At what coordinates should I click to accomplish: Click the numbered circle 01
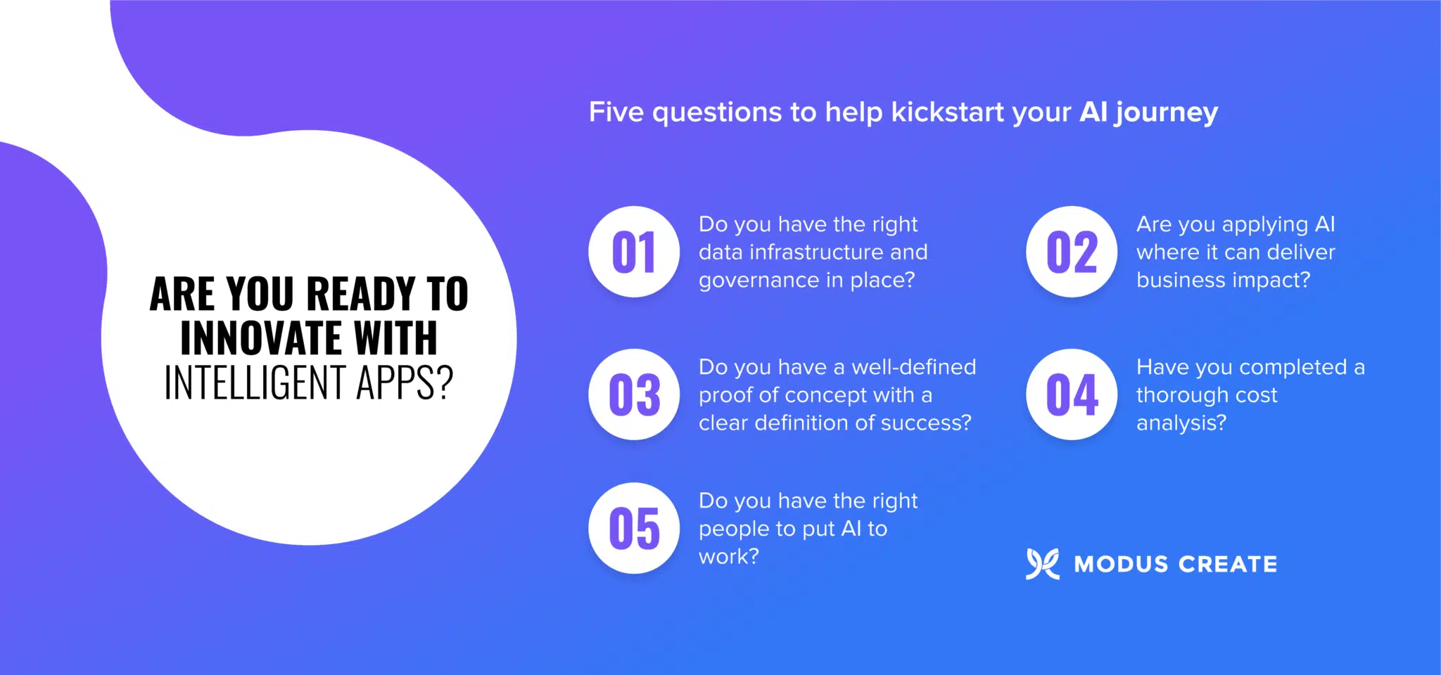tap(634, 252)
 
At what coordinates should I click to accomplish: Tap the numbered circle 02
tap(1072, 252)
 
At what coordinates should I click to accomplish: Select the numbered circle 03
tap(634, 394)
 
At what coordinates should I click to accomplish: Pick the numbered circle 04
tap(1072, 394)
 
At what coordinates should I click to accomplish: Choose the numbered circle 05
tap(634, 528)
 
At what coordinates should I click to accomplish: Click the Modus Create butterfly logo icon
tap(1042, 564)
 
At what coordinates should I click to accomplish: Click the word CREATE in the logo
tap(1228, 564)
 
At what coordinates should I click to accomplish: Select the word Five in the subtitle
tap(616, 112)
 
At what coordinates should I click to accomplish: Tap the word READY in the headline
tap(361, 294)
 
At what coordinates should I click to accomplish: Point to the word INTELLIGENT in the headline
tap(255, 383)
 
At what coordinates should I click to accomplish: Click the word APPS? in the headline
tap(405, 383)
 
